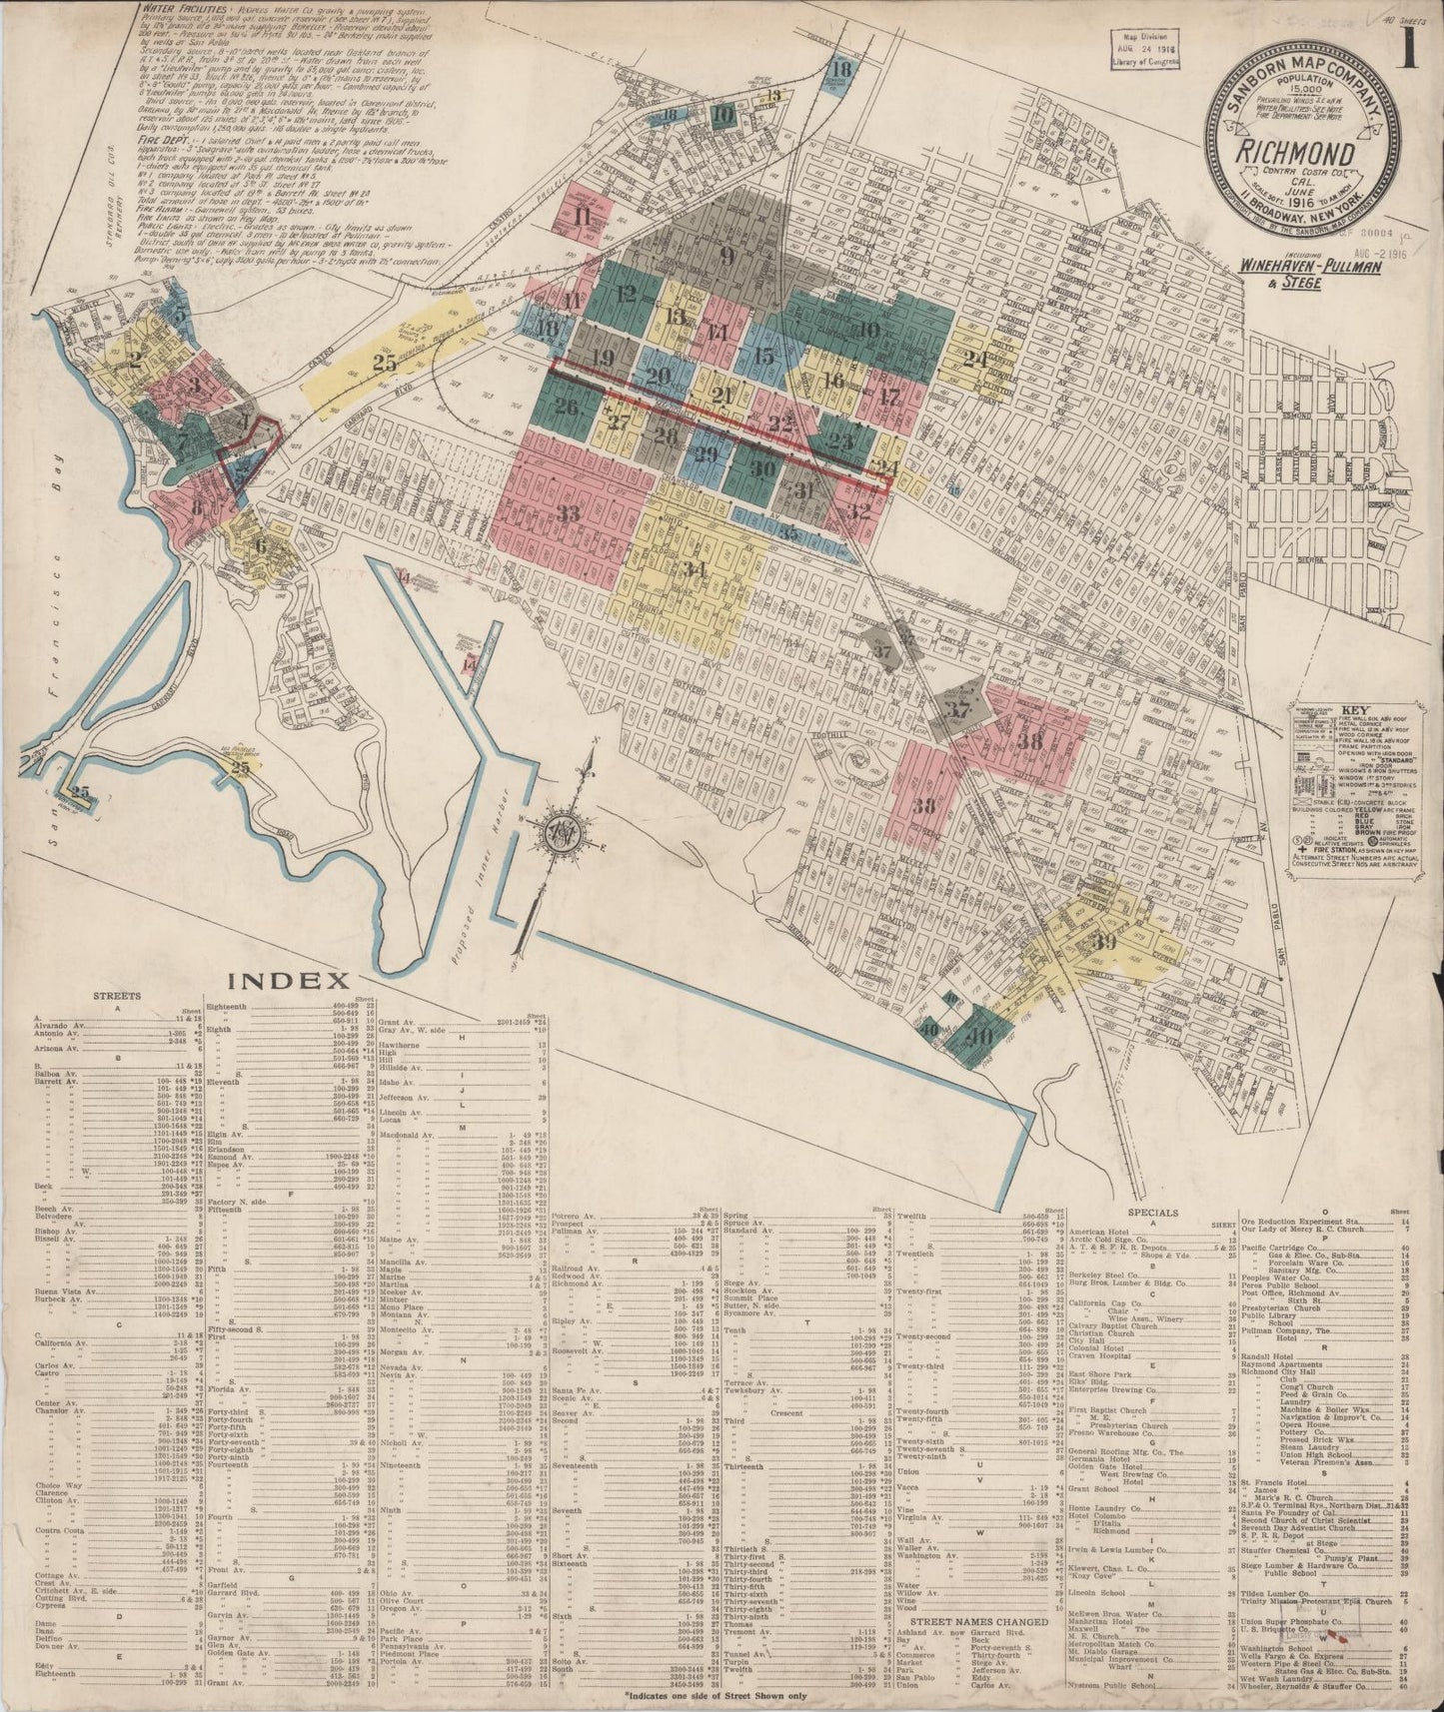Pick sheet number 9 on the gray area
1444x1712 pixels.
pos(726,254)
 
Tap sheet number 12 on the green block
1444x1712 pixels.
pos(627,294)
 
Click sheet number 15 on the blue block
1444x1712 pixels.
pos(764,356)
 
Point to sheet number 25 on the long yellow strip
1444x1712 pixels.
pos(385,364)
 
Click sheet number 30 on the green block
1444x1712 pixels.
pos(763,469)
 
